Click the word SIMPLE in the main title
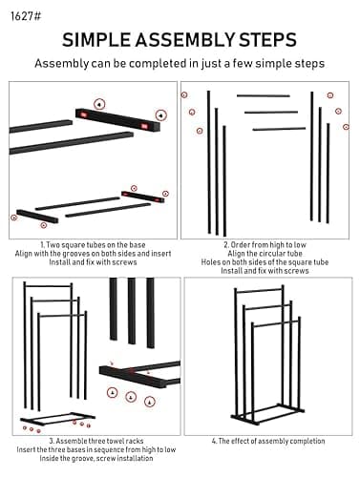[104, 39]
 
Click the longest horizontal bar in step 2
[263, 95]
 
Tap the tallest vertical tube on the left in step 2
[209, 162]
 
